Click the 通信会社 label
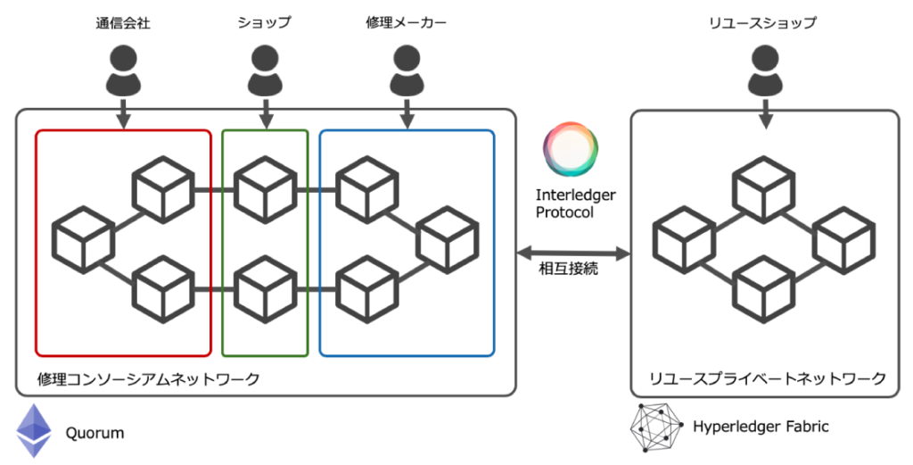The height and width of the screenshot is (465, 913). coord(123,23)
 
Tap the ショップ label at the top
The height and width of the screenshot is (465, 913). coord(265,23)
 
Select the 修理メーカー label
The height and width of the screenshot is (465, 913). coord(407,23)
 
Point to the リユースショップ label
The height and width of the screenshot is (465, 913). coord(763,23)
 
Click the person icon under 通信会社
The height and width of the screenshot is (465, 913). coord(123,71)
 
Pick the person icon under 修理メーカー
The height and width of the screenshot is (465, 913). coord(407,71)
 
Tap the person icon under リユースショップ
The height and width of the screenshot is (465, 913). coord(763,71)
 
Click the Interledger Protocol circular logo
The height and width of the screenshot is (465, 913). coord(570,150)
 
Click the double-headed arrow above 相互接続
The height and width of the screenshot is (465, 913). coord(574,253)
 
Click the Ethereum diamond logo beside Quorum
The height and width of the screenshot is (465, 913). coord(35,431)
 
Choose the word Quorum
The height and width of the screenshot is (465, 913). coord(95,435)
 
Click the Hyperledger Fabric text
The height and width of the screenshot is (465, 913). coord(761,427)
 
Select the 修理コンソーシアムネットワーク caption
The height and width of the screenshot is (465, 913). coord(149,378)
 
